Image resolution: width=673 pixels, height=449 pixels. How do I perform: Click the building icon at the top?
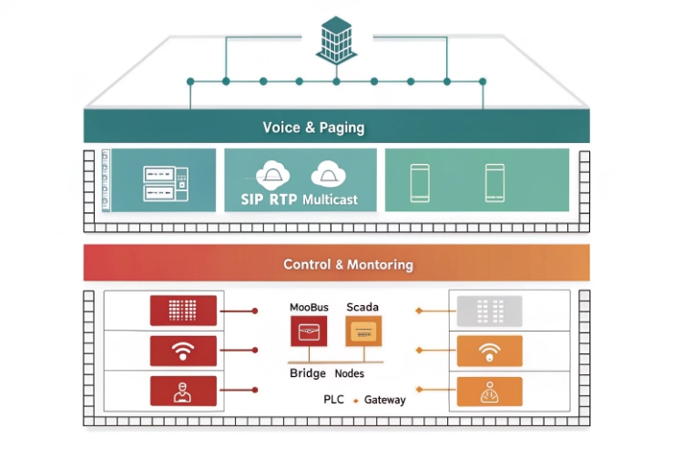(x=336, y=38)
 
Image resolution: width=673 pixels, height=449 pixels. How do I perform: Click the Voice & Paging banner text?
(x=313, y=127)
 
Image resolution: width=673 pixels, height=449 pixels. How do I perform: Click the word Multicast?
(x=330, y=199)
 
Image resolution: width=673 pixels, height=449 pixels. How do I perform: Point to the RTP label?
(x=284, y=199)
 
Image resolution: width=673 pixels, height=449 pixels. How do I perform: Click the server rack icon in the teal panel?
(x=165, y=182)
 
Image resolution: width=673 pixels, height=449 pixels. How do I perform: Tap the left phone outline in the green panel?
(x=420, y=182)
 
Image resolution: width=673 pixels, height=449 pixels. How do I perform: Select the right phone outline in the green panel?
(x=495, y=182)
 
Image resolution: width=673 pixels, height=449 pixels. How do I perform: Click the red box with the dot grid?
(x=183, y=311)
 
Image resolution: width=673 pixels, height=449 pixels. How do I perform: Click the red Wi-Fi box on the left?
(x=183, y=351)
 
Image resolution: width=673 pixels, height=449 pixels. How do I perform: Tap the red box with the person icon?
(x=183, y=390)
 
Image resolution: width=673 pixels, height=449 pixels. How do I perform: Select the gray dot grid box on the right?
(x=489, y=311)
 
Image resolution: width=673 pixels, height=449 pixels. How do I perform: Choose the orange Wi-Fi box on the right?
(x=489, y=351)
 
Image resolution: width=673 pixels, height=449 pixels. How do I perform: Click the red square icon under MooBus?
(x=308, y=332)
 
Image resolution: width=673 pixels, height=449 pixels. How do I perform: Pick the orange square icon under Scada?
(x=363, y=332)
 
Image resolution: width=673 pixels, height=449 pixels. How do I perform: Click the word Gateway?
(x=384, y=400)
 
